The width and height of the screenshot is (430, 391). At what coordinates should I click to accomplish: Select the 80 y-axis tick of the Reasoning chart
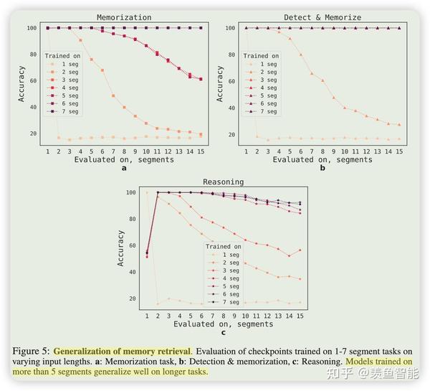[130, 219]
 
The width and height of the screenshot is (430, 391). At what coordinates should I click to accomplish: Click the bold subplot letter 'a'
[124, 169]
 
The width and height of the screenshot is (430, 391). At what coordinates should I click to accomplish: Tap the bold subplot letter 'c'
[223, 332]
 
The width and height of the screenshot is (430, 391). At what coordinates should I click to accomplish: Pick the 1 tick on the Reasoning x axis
[147, 315]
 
